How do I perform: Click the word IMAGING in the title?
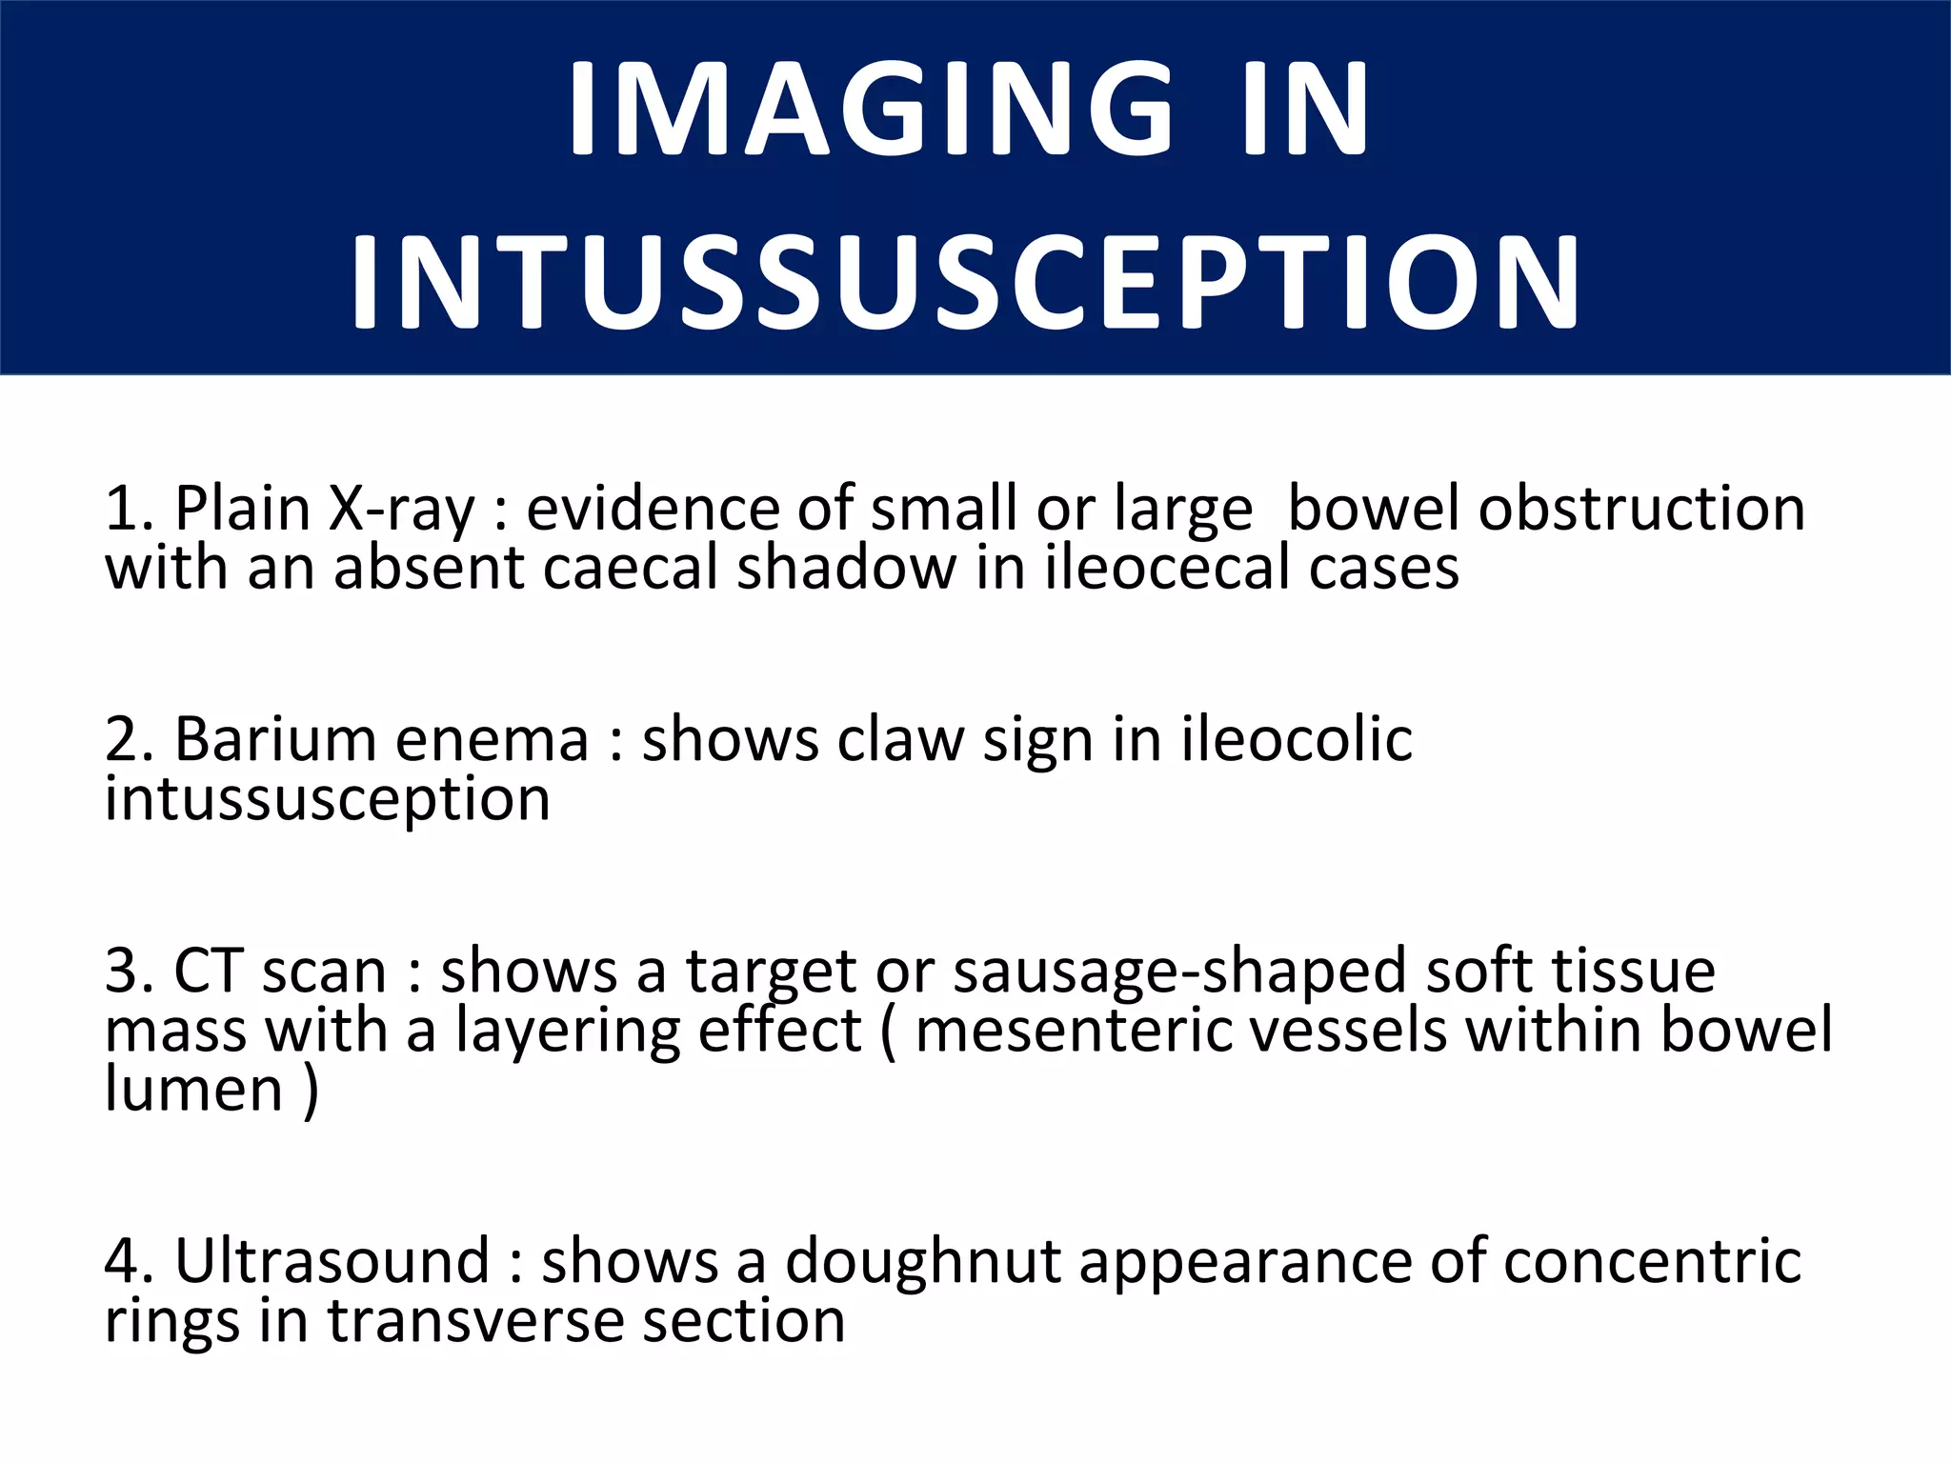(871, 109)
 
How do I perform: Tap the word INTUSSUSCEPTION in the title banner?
(966, 284)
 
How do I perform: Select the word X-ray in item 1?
(400, 509)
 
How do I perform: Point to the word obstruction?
(1640, 509)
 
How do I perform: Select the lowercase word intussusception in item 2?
(328, 799)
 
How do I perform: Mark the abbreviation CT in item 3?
(208, 972)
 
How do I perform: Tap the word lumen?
(193, 1090)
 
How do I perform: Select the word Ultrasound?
(332, 1261)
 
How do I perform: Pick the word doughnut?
(922, 1263)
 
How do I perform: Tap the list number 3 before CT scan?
(123, 972)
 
